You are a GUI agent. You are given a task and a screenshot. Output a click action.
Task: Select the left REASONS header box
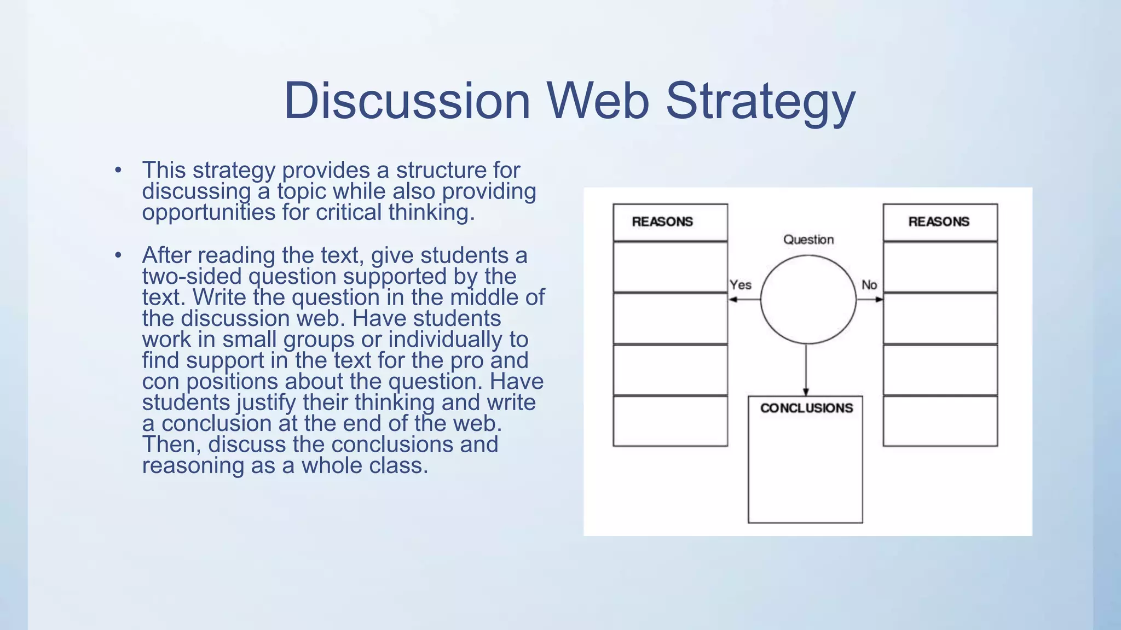pos(670,222)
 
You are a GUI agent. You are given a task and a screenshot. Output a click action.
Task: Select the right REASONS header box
pos(940,222)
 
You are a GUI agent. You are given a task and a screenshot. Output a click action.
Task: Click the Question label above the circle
pos(808,240)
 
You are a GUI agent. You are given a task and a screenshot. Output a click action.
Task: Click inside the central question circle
pos(808,300)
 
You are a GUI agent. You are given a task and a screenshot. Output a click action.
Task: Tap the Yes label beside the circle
pos(740,285)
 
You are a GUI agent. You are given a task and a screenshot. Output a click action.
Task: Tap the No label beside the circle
pos(869,285)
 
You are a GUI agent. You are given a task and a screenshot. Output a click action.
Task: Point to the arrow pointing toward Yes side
pos(743,300)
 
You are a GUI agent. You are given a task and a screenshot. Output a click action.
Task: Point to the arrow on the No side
pos(870,300)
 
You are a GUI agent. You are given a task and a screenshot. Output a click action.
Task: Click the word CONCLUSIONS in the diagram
pos(806,408)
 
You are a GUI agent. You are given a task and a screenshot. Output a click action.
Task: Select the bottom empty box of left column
pos(670,421)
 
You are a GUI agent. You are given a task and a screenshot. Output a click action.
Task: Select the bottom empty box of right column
pos(940,421)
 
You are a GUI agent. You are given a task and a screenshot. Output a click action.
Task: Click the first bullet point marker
pos(118,170)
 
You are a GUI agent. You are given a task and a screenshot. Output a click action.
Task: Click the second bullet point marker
pos(118,255)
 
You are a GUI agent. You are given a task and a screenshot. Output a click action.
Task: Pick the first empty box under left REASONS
pos(670,267)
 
